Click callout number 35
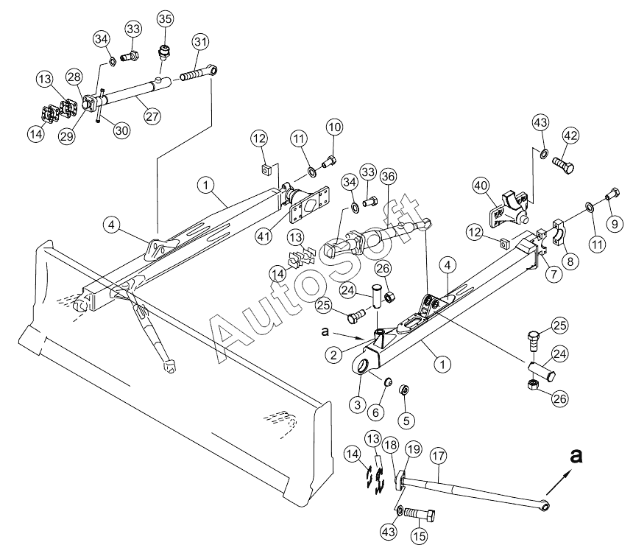point(164,18)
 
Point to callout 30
point(121,130)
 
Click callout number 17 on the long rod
point(439,456)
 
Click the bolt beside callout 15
point(420,513)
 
